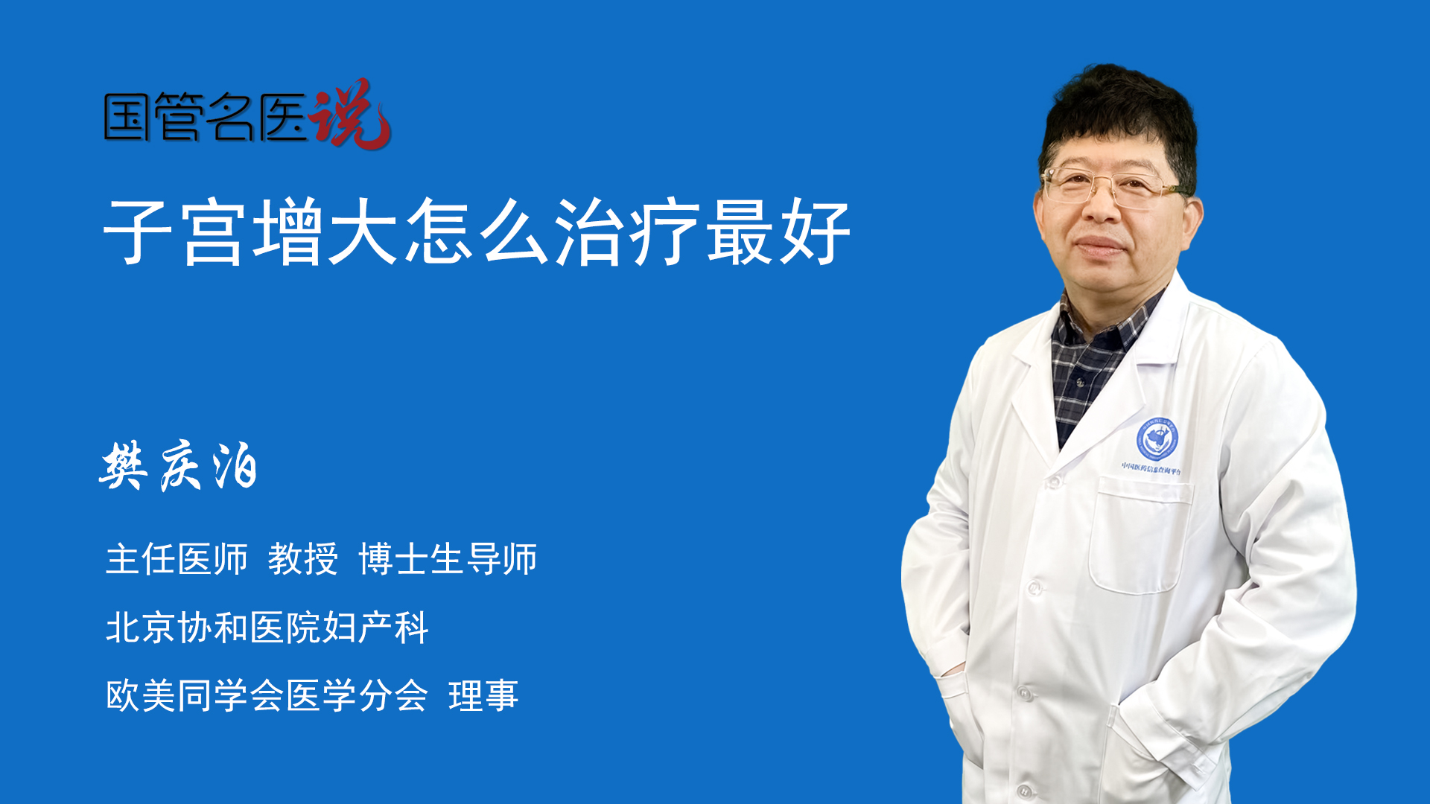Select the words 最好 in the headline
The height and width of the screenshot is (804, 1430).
(778, 232)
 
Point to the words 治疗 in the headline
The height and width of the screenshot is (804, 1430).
(628, 232)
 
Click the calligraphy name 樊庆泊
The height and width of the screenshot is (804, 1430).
(179, 466)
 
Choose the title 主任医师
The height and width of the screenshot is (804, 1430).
(177, 559)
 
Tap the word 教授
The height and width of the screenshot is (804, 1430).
(303, 559)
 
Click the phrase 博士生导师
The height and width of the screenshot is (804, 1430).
(448, 559)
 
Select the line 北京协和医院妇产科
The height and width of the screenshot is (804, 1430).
(267, 628)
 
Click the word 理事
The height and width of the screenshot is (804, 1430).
(483, 696)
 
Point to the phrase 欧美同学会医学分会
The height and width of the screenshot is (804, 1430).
(267, 696)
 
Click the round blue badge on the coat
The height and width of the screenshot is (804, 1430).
(1157, 438)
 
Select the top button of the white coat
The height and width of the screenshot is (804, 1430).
(1053, 482)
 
